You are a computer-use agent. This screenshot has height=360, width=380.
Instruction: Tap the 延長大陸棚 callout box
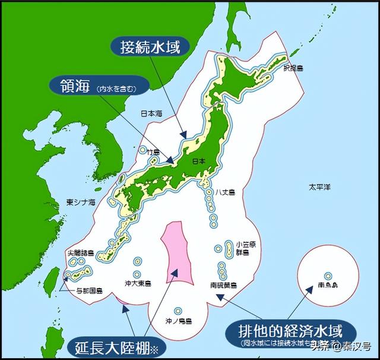(115, 346)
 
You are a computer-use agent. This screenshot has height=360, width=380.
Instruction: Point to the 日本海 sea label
(151, 113)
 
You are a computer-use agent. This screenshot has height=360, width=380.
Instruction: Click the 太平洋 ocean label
(316, 187)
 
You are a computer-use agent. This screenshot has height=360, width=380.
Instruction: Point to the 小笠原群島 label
(245, 248)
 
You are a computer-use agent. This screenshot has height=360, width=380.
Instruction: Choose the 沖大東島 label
(138, 283)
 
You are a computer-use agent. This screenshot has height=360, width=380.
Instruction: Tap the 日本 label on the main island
(199, 161)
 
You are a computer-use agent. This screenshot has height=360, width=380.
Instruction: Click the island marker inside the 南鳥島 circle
(328, 276)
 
